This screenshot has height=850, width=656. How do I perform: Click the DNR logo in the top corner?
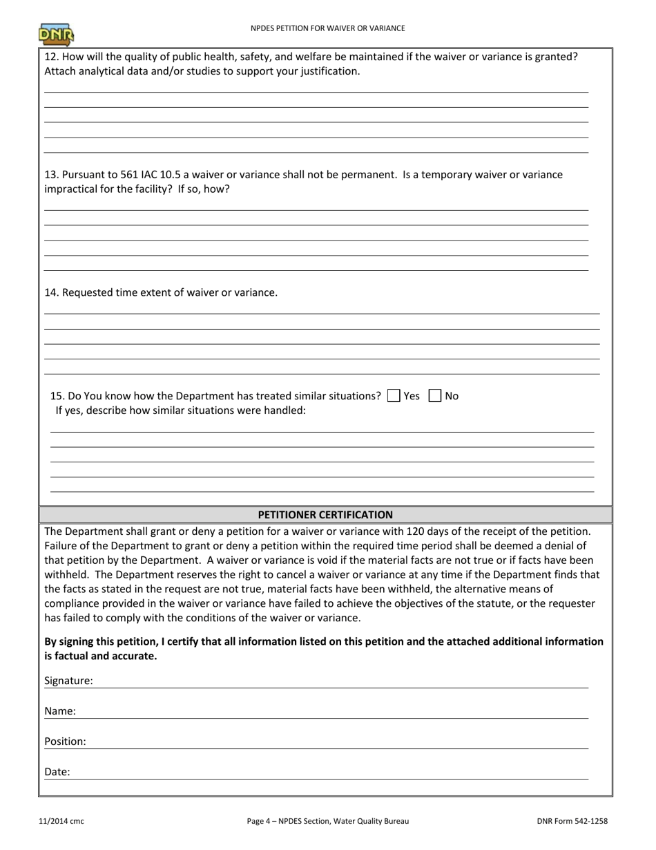tap(56, 34)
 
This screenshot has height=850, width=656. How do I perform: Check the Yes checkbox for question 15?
tap(394, 396)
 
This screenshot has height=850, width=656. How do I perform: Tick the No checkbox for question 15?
tap(435, 396)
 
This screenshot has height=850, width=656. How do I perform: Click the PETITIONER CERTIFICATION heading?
tap(325, 515)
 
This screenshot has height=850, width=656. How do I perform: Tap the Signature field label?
tap(68, 681)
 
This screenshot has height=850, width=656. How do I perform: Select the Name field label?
tap(60, 711)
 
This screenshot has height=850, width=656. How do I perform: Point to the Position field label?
tap(65, 742)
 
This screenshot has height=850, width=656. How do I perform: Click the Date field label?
tap(57, 772)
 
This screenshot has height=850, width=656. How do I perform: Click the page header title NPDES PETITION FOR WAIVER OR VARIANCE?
tap(327, 28)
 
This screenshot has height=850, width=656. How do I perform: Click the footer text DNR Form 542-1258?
tap(572, 822)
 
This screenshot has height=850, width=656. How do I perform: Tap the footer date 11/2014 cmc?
tap(61, 822)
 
